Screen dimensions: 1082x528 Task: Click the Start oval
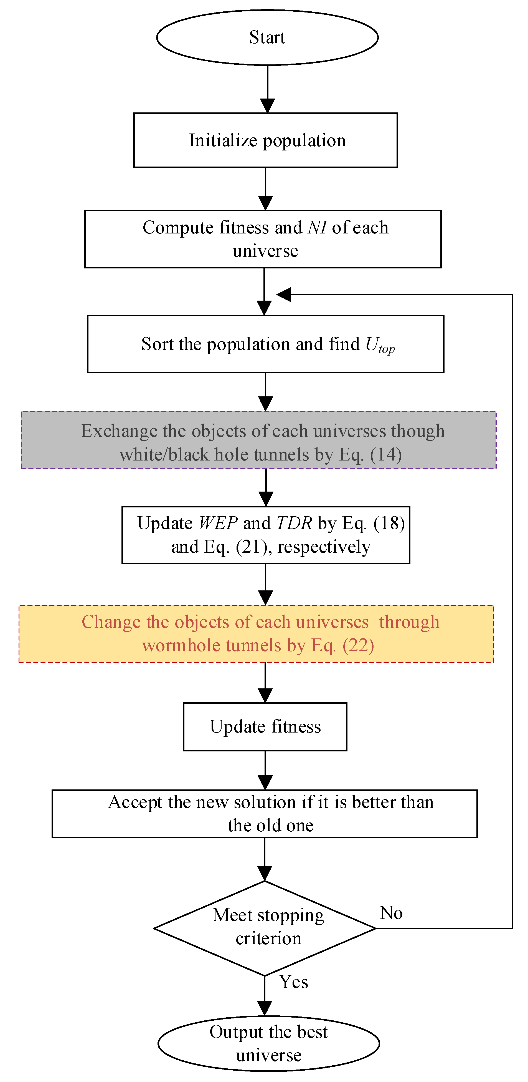point(267,38)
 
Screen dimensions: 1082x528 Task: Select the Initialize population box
point(265,140)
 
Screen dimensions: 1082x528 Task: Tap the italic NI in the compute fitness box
point(317,228)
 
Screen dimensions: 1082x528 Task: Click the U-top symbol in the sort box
point(379,345)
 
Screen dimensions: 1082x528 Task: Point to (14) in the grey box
point(386,455)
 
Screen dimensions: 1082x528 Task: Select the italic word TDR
point(294,523)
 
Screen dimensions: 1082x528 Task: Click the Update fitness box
point(265,727)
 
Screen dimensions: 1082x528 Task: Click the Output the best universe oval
point(269,1043)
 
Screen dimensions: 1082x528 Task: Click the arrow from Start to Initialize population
point(267,89)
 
